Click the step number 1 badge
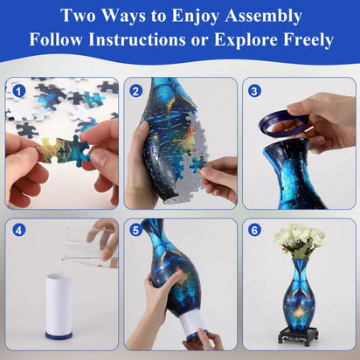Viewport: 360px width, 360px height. click(x=18, y=90)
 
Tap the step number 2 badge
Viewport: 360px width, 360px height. click(x=136, y=90)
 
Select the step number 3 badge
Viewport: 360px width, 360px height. click(x=254, y=90)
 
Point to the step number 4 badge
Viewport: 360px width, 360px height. click(x=18, y=231)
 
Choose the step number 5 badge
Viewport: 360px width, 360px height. click(x=136, y=231)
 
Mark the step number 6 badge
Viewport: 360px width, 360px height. click(x=254, y=231)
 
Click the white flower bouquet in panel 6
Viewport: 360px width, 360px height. click(x=299, y=237)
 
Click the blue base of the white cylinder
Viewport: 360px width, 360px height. click(x=59, y=333)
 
